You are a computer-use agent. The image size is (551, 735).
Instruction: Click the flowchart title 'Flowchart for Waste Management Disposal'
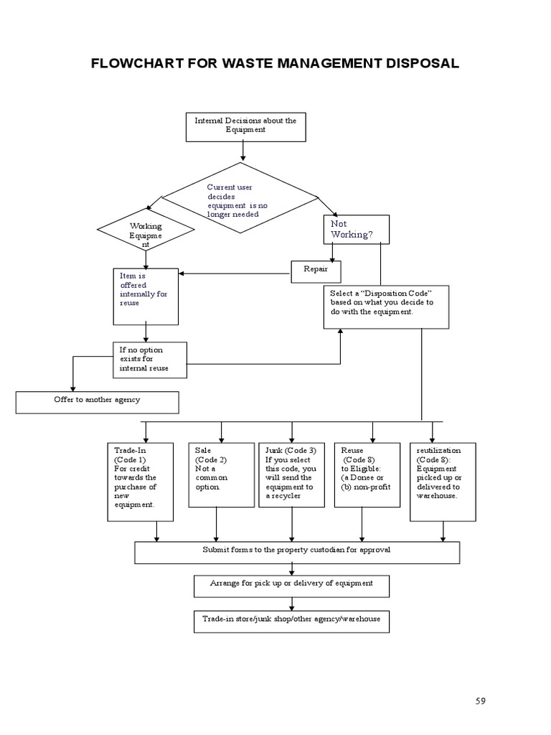pos(275,63)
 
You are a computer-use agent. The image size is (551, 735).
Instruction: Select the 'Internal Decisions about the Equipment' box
pos(245,126)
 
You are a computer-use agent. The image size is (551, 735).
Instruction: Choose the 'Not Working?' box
pos(356,230)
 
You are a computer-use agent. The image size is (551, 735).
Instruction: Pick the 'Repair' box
pos(316,271)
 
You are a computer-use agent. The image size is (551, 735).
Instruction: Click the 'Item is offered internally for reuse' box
pos(146,293)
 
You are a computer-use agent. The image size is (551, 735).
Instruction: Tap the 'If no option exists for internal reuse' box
pos(151,359)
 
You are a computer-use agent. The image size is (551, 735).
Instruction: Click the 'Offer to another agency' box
pos(97,402)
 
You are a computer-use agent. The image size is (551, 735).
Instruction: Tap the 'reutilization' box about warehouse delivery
pos(443,482)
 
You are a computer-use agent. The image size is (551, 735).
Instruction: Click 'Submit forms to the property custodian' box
pos(297,552)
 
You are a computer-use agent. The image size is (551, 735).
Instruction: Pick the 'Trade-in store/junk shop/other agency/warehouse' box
pos(291,621)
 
